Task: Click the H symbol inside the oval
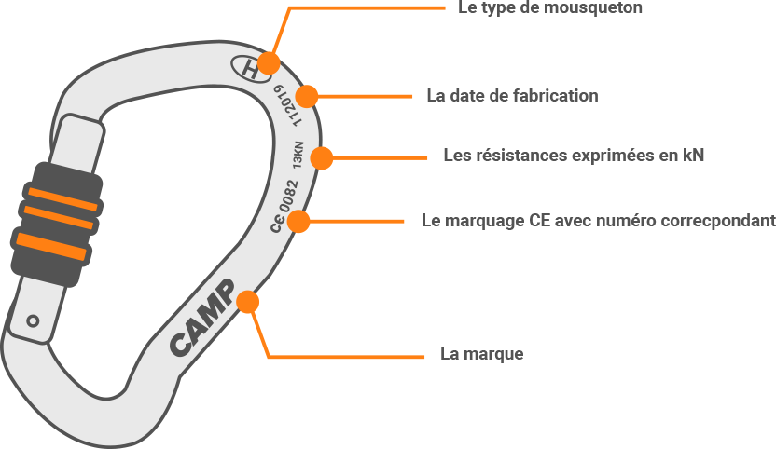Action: (x=247, y=67)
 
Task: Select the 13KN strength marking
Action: (x=298, y=155)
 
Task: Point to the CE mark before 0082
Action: (x=277, y=224)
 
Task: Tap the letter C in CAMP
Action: (x=180, y=345)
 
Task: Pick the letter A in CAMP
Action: (x=194, y=328)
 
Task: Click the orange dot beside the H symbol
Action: (x=269, y=63)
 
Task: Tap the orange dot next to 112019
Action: (x=305, y=96)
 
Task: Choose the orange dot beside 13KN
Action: (x=320, y=157)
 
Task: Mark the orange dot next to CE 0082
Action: (x=298, y=222)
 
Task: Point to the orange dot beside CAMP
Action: (x=247, y=302)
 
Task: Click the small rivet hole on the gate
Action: (x=33, y=320)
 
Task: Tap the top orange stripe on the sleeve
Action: (x=62, y=198)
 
